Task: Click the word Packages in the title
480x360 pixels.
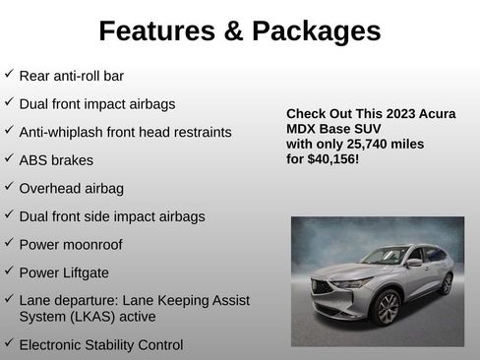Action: (315, 31)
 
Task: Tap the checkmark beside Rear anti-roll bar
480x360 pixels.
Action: (9, 74)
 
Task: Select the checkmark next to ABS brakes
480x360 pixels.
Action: (9, 157)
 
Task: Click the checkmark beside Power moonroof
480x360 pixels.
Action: (9, 242)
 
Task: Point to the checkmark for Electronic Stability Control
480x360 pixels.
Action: (9, 343)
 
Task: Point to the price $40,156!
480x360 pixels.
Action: (331, 157)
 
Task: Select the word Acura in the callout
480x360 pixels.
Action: (431, 113)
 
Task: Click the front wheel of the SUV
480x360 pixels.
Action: (388, 309)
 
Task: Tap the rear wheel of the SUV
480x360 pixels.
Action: (447, 284)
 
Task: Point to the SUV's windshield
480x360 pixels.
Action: (385, 257)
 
